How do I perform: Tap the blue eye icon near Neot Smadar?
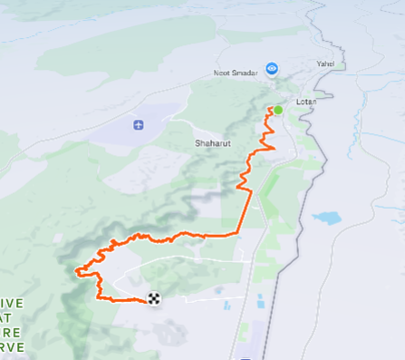coord(271,68)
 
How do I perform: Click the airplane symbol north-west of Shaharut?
coord(138,124)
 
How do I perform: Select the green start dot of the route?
coord(278,111)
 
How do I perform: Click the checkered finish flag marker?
coord(154,298)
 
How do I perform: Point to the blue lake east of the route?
coord(326,219)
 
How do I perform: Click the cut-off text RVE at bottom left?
coord(10,346)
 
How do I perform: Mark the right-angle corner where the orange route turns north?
coord(239,234)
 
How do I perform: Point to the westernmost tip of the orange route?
coord(76,269)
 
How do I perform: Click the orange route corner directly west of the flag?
coord(100,298)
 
